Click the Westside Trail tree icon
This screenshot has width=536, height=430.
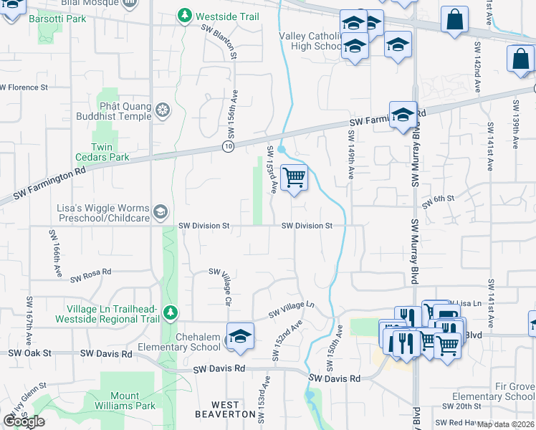pyautogui.click(x=185, y=14)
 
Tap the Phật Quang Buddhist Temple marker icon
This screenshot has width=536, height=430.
pyautogui.click(x=163, y=110)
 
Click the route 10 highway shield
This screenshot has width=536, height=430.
pyautogui.click(x=227, y=146)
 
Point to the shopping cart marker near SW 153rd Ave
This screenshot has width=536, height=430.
pyautogui.click(x=294, y=177)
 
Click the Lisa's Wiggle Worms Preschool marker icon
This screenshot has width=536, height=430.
pyautogui.click(x=161, y=211)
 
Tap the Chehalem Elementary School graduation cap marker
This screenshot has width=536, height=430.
pyautogui.click(x=240, y=336)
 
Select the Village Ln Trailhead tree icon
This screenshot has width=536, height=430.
pyautogui.click(x=170, y=312)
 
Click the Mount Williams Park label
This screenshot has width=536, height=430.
pyautogui.click(x=134, y=401)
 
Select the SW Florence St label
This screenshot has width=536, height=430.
pyautogui.click(x=24, y=87)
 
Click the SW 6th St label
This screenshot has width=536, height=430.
pyautogui.click(x=439, y=201)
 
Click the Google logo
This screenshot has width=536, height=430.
pyautogui.click(x=24, y=421)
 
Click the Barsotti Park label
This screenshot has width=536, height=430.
pyautogui.click(x=51, y=19)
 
